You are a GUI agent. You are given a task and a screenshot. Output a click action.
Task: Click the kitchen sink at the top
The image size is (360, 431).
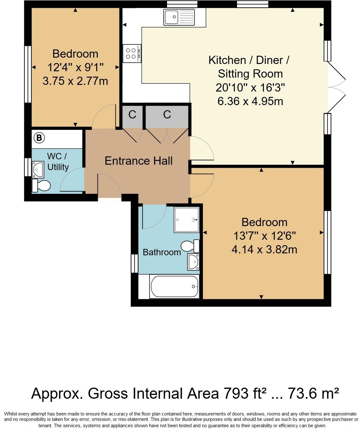[179, 17]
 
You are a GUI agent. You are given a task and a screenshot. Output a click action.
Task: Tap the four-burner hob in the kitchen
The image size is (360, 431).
[132, 53]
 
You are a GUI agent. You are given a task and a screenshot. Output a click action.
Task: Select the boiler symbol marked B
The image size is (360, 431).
[39, 138]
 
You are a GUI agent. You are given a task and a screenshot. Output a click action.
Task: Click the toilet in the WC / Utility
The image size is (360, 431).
[41, 186]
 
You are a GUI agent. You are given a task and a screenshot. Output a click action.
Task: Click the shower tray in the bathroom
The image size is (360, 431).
[187, 220]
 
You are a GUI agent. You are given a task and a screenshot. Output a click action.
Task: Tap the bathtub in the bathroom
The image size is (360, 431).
[174, 287]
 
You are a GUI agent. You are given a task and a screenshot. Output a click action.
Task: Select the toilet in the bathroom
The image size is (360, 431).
[190, 246]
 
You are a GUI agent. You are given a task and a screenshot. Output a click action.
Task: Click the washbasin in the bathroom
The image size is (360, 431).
[193, 262]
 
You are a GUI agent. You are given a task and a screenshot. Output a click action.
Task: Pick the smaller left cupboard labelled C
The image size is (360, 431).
[132, 115]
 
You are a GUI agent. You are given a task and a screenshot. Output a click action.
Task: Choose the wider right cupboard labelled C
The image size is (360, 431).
[167, 115]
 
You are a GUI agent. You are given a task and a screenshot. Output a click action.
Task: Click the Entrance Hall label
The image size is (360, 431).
[139, 161]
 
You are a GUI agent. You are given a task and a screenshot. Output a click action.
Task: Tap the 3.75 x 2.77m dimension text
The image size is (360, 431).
[75, 81]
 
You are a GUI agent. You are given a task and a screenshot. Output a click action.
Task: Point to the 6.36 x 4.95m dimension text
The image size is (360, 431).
[250, 101]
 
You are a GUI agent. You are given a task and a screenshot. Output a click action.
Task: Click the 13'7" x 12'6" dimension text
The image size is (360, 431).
[264, 236]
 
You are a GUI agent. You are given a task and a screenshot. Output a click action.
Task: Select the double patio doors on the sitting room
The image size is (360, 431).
[336, 87]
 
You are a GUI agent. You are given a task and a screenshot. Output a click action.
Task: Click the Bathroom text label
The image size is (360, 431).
[162, 252]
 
